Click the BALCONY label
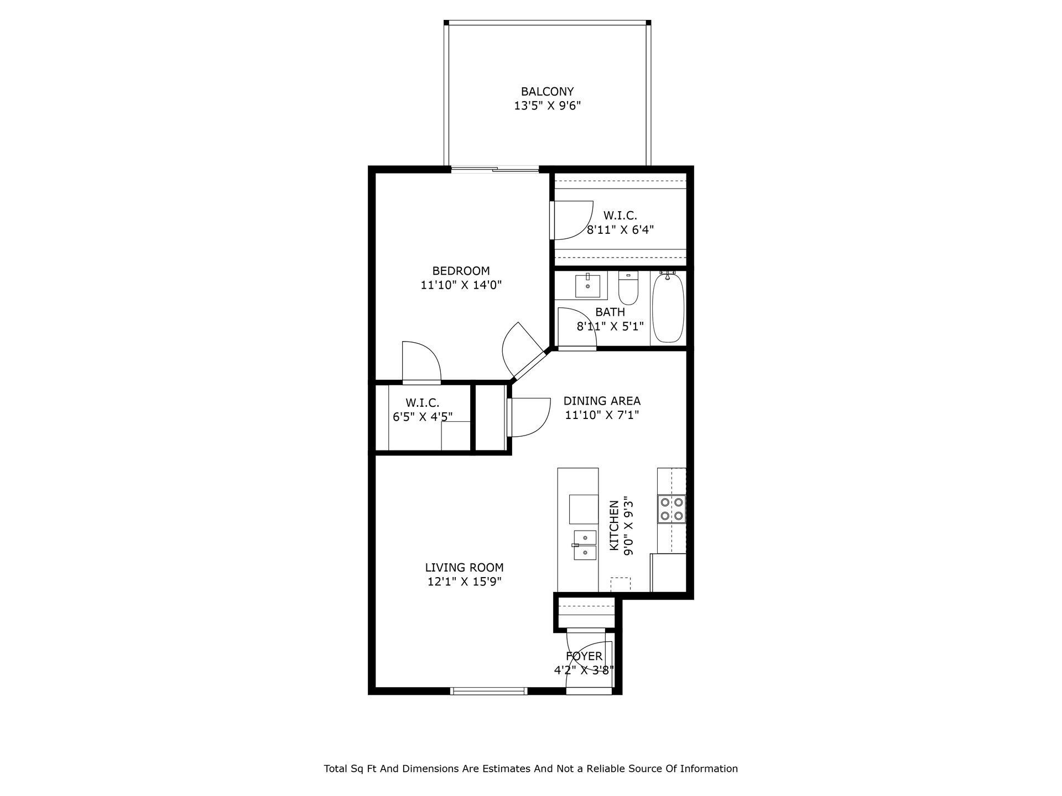point(547,92)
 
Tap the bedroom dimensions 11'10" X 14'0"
point(461,285)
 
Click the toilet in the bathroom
point(628,288)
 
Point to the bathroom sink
point(587,285)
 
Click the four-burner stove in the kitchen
point(671,509)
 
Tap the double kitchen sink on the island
point(585,545)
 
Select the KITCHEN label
point(614,525)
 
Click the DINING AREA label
point(602,401)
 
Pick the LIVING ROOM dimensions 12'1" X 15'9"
point(464,582)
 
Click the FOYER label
point(584,656)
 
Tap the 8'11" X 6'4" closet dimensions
point(620,230)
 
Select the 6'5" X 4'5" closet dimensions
point(423,417)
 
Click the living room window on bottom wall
point(488,690)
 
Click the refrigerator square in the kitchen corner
point(668,572)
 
